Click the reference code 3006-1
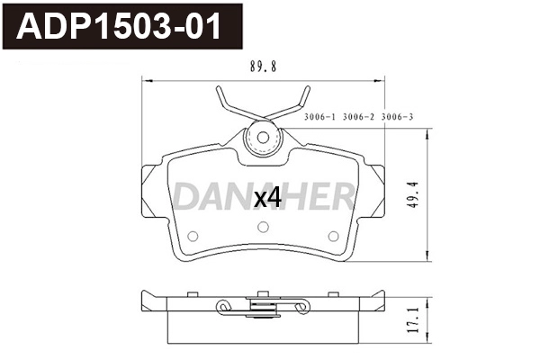pos(320,116)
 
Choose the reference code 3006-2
pos(359,116)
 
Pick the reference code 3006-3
pos(397,116)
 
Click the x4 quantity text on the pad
pos(268,199)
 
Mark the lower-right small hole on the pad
pos(332,237)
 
